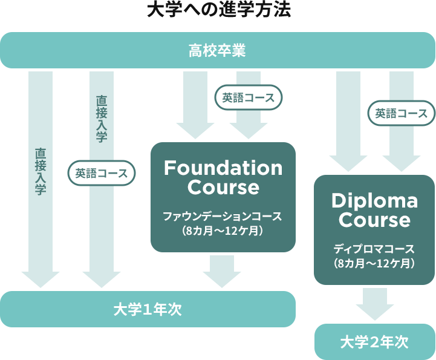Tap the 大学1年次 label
coord(148,309)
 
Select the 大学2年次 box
coord(374,342)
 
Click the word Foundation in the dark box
coord(223,168)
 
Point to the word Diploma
coord(374,200)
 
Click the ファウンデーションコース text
coord(223,216)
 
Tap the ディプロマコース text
coord(374,249)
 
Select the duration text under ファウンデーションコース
coord(223,230)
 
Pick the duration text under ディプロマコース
coord(374,263)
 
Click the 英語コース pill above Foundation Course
coord(249,97)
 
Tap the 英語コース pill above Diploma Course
coord(402,113)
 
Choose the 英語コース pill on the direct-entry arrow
coord(102,173)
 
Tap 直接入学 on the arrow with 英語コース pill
coord(102,118)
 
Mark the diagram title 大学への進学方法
coord(218,11)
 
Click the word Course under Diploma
coord(374,220)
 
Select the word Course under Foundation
coord(223,188)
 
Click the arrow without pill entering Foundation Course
coord(195,106)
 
